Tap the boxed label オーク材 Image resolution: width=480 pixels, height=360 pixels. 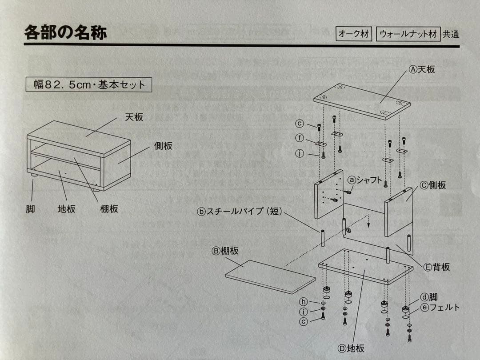pyautogui.click(x=354, y=34)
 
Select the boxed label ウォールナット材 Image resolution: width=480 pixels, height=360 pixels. pyautogui.click(x=408, y=34)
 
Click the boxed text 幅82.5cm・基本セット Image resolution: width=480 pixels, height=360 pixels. pyautogui.click(x=89, y=84)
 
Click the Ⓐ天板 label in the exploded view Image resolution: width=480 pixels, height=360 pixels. pyautogui.click(x=422, y=69)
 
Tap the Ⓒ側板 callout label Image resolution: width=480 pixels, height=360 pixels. pyautogui.click(x=433, y=186)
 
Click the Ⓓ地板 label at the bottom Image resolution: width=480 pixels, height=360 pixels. pyautogui.click(x=351, y=348)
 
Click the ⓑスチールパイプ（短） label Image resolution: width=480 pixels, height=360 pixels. pyautogui.click(x=240, y=212)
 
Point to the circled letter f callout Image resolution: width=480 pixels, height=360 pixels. pyautogui.click(x=300, y=138)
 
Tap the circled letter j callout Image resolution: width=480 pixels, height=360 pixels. pyautogui.click(x=300, y=153)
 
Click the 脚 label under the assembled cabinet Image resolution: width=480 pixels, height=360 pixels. pyautogui.click(x=30, y=208)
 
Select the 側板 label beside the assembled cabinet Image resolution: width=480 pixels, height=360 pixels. pyautogui.click(x=164, y=146)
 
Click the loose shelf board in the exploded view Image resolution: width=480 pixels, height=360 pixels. pyautogui.click(x=270, y=276)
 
